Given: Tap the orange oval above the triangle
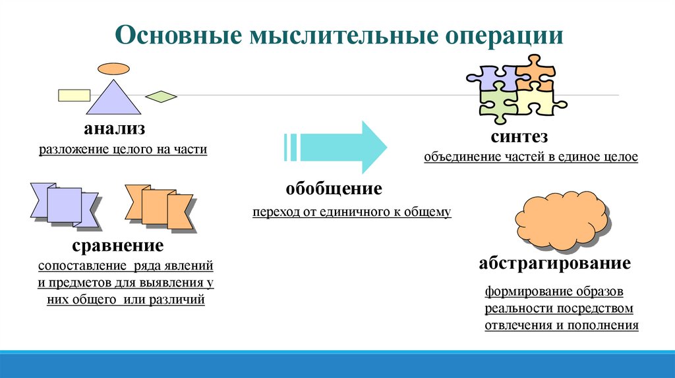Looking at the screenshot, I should tap(114, 68).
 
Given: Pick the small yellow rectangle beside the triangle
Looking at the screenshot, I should tap(74, 95).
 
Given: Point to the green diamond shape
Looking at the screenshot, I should tap(161, 97).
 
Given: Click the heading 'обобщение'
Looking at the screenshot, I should tap(334, 189).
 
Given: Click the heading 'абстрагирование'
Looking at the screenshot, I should tap(554, 264).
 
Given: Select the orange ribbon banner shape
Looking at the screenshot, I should tap(159, 207).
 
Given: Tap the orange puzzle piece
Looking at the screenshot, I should tap(534, 74).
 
